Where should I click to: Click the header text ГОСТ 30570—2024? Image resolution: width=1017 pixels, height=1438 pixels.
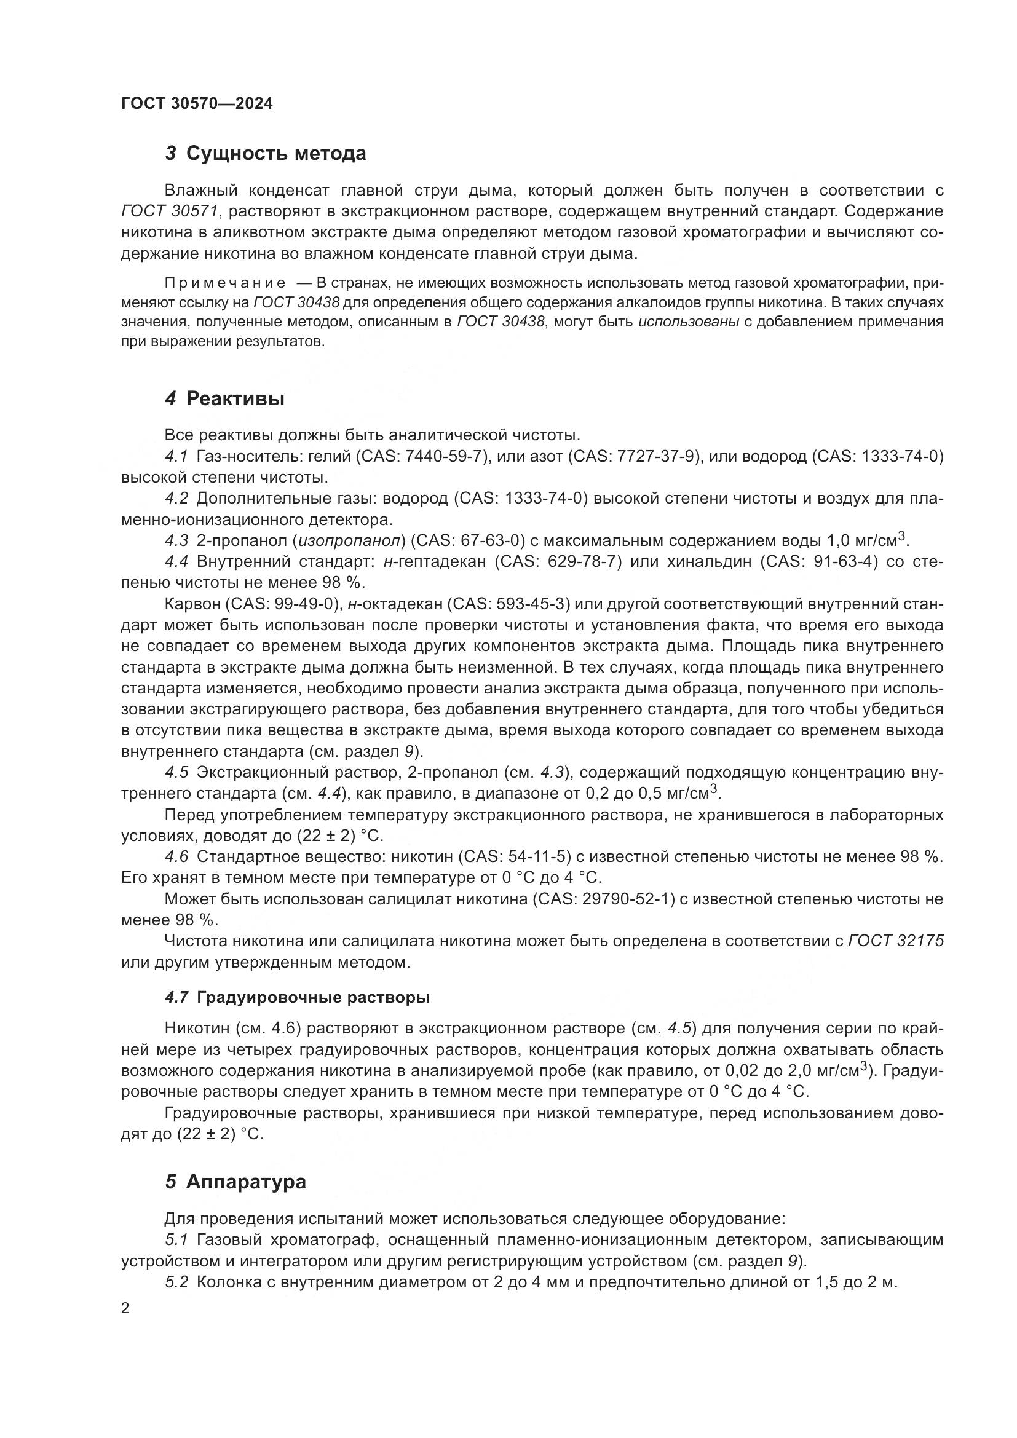pos(197,104)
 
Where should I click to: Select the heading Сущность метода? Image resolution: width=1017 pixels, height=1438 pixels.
pos(275,154)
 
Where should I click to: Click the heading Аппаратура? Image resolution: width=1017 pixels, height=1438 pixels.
pos(246,1182)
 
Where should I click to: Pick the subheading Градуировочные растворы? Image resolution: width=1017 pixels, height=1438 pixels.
pos(313,998)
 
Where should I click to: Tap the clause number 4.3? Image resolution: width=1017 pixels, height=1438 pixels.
pos(176,540)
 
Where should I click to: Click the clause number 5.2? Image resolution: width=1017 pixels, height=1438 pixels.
pos(176,1282)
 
